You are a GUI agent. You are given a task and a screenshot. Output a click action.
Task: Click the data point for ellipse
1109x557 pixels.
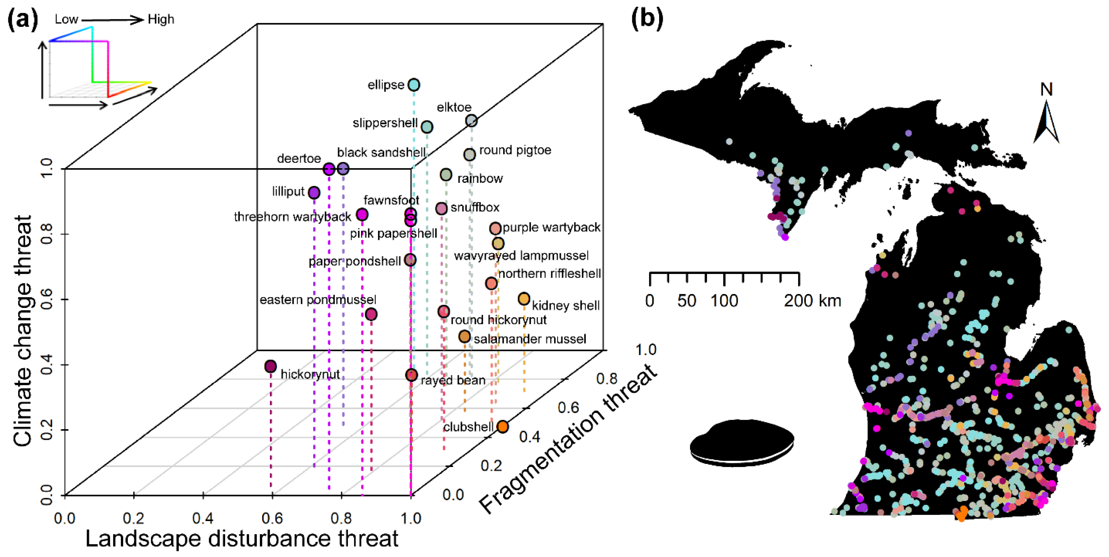[414, 85]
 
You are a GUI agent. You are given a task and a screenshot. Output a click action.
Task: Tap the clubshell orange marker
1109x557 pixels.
[503, 427]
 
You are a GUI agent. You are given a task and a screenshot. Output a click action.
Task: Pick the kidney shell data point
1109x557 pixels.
[523, 299]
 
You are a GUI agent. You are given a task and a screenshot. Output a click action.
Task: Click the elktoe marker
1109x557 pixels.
[471, 121]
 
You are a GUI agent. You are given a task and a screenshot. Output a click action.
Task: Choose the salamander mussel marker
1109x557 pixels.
[464, 337]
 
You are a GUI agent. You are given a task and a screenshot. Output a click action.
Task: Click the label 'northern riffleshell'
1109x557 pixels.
[549, 274]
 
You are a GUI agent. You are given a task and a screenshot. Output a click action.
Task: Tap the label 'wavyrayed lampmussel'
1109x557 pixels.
[521, 256]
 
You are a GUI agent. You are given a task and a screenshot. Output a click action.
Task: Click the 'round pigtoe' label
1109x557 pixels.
[515, 150]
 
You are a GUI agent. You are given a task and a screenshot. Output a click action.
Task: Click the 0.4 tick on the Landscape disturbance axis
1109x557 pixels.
[203, 518]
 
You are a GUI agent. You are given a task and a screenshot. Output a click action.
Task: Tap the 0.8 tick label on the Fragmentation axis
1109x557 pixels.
[606, 379]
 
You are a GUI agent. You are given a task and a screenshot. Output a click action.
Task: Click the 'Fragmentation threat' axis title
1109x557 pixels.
[568, 439]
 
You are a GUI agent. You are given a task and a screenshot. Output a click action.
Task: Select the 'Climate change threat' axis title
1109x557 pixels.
[22, 331]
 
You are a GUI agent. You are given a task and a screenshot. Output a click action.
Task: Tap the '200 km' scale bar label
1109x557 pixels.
[812, 301]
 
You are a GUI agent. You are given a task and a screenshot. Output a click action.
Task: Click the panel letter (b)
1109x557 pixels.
[647, 19]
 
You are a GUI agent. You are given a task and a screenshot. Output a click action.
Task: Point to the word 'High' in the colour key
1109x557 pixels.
[161, 19]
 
